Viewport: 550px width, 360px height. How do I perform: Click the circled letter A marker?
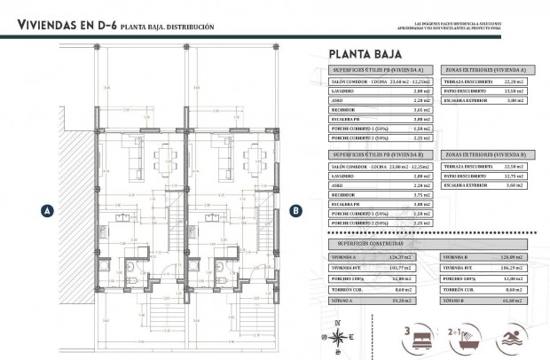[44, 210]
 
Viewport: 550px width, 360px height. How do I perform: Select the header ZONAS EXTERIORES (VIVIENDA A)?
[485, 68]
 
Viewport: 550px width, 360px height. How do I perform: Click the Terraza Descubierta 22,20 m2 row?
[485, 81]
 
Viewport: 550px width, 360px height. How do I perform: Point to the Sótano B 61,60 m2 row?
[485, 301]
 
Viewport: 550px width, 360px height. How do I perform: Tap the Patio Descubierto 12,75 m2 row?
[485, 176]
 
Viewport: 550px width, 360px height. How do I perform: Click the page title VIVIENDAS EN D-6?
[67, 27]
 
